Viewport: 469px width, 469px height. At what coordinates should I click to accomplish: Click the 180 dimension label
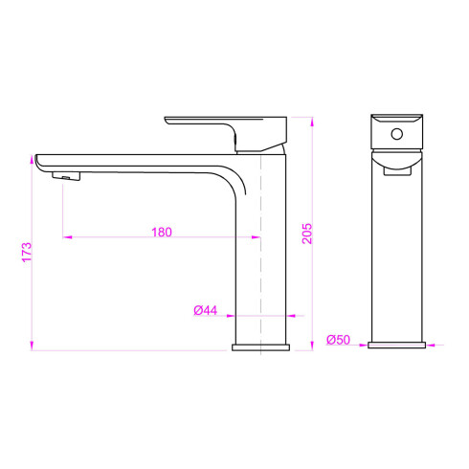[162, 232]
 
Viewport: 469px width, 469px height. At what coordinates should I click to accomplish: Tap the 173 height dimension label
[27, 252]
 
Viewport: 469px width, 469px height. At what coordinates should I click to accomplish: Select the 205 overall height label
[307, 234]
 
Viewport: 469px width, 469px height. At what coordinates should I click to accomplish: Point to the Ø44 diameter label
[206, 310]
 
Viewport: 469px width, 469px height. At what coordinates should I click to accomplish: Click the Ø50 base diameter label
[338, 340]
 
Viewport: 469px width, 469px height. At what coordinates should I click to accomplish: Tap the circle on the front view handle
[397, 134]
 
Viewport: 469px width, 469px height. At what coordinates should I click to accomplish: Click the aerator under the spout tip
[66, 176]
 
